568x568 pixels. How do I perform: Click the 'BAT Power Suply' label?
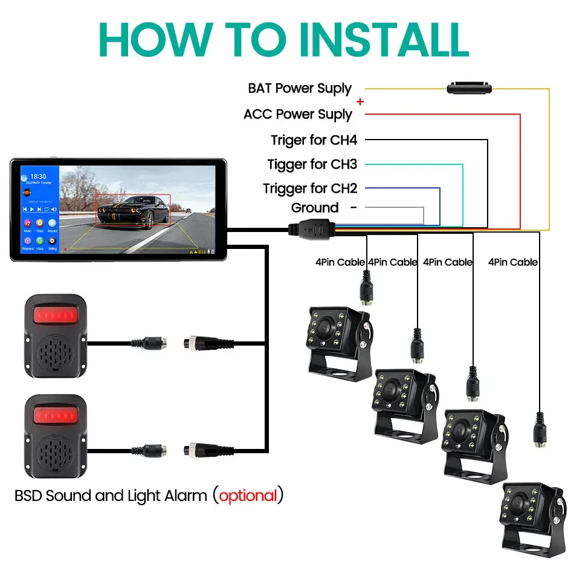(299, 88)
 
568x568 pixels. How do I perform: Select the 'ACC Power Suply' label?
(297, 114)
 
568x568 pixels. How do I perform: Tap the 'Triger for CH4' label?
(314, 140)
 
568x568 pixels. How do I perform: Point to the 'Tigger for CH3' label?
(312, 164)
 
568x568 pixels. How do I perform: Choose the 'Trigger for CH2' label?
(309, 189)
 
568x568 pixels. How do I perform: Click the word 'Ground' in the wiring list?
(314, 208)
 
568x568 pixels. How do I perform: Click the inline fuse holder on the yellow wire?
(470, 89)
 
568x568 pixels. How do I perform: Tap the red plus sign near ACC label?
(361, 102)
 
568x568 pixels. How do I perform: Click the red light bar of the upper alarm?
(55, 315)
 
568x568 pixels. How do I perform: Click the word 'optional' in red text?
(248, 496)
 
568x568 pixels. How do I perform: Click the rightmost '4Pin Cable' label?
(512, 262)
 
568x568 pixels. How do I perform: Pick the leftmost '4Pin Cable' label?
(340, 262)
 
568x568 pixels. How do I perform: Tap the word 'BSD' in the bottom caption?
(28, 496)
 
